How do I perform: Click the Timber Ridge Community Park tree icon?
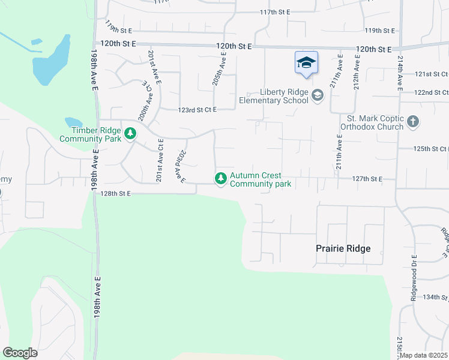[130, 134]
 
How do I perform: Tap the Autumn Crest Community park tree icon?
[221, 178]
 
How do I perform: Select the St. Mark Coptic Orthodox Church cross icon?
[412, 122]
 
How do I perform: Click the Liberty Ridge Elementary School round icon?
[317, 95]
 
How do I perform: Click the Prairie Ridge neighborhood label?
[343, 248]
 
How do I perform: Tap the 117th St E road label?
[275, 12]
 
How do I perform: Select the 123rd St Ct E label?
[197, 110]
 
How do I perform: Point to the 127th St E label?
[367, 179]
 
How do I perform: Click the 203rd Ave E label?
[180, 166]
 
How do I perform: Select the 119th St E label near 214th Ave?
[380, 31]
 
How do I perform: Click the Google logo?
[20, 353]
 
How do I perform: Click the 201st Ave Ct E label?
[160, 161]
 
